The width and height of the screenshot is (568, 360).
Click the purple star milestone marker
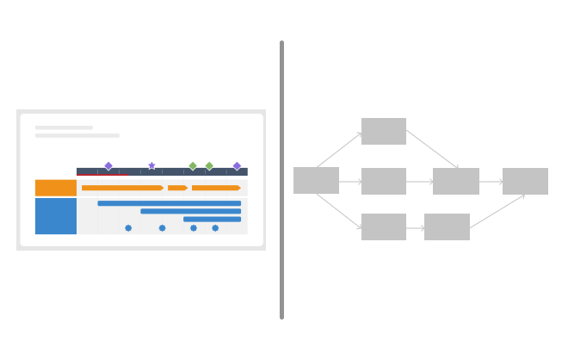pyautogui.click(x=151, y=165)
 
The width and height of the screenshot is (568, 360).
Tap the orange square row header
pyautogui.click(x=56, y=188)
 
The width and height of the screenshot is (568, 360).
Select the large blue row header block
pyautogui.click(x=56, y=216)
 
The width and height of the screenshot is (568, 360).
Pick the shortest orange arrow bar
pyautogui.click(x=177, y=188)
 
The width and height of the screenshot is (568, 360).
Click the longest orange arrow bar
pyautogui.click(x=122, y=188)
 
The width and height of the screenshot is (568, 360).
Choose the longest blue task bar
pyautogui.click(x=170, y=203)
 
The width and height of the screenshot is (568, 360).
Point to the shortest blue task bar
pyautogui.click(x=212, y=219)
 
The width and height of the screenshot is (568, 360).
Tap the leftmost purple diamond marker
pyautogui.click(x=108, y=165)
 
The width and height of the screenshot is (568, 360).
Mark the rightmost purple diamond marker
pyautogui.click(x=237, y=165)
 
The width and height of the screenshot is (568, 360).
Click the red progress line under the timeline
pyautogui.click(x=102, y=175)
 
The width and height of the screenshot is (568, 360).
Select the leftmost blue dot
pyautogui.click(x=128, y=228)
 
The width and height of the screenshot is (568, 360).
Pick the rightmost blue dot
pyautogui.click(x=215, y=228)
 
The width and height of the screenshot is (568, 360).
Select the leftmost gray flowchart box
pyautogui.click(x=316, y=181)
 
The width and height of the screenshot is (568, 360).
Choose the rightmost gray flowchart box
pyautogui.click(x=525, y=182)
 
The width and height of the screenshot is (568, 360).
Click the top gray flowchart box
pyautogui.click(x=384, y=131)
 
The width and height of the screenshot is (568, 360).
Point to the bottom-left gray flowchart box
pyautogui.click(x=384, y=227)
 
